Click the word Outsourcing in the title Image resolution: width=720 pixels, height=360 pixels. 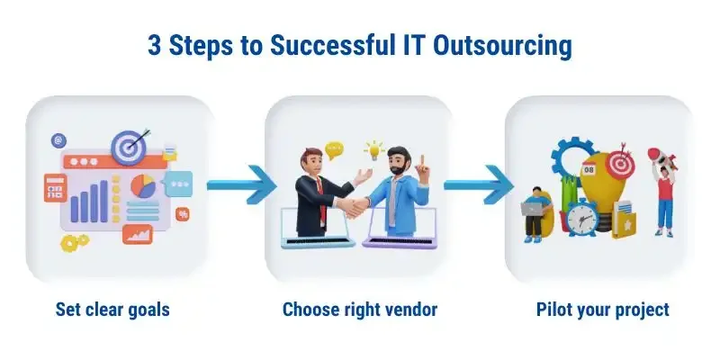tap(502, 47)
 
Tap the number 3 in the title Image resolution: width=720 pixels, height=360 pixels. tap(154, 46)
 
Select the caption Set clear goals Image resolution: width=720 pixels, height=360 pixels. tap(112, 310)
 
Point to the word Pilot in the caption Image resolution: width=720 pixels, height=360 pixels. tap(551, 309)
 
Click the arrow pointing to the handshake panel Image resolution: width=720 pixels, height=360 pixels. tap(241, 184)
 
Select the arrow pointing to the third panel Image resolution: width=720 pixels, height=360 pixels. tap(479, 184)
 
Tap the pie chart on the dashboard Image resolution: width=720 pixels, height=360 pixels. tap(143, 186)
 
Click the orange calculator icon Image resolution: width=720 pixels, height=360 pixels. tap(56, 188)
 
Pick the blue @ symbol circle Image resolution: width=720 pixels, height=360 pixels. tap(58, 141)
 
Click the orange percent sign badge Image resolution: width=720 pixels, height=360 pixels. tap(183, 214)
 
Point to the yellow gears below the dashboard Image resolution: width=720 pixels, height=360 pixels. tap(75, 242)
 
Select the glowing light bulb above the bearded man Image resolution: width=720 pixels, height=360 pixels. tap(374, 150)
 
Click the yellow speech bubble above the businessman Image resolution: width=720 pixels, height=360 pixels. tap(334, 150)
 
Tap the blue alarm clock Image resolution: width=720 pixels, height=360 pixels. tap(581, 218)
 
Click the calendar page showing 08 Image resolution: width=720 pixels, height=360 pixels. tap(589, 169)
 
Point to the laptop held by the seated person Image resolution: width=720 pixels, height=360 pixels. tap(531, 210)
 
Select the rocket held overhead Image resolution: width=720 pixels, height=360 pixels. tap(661, 158)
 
